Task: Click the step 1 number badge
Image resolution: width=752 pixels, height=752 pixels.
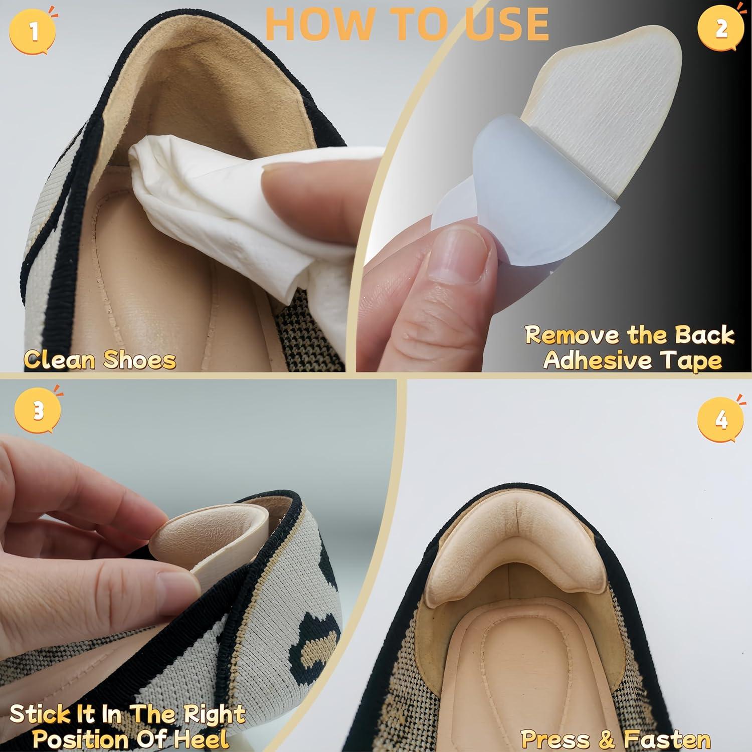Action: pos(33,31)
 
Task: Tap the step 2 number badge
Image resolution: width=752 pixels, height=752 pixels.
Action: pos(720,29)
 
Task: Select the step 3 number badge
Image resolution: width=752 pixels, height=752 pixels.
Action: pos(39,411)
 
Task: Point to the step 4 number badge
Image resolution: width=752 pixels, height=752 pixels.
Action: pos(720,419)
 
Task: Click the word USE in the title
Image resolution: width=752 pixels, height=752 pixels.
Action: pos(506,23)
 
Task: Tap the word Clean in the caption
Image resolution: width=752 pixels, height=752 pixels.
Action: pos(60,359)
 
